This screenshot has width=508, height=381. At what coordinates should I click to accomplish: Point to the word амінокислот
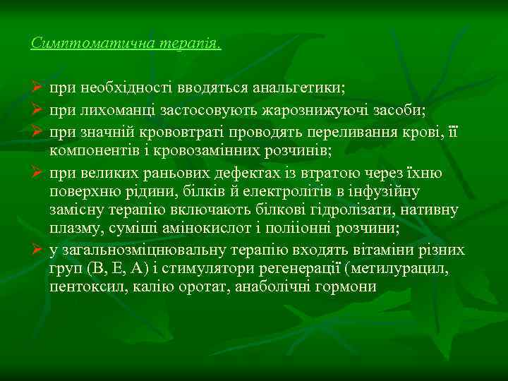(238, 229)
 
